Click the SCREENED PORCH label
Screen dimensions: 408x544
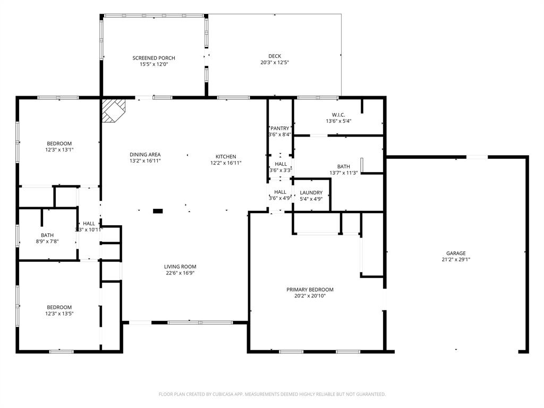point(154,58)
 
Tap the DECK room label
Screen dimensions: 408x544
point(275,56)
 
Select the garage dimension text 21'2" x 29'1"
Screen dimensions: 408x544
point(456,260)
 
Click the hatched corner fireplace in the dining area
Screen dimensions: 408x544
point(113,110)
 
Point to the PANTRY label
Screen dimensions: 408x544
point(280,128)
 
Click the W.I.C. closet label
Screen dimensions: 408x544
point(338,115)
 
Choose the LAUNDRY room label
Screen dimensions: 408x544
point(311,192)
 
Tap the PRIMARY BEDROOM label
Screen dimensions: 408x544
point(310,290)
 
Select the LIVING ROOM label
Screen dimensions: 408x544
point(180,267)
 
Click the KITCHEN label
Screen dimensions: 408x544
point(226,156)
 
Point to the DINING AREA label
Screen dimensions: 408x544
point(145,155)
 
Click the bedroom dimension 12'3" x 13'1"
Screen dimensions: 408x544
point(59,150)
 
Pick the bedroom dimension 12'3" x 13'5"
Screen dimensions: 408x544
point(59,313)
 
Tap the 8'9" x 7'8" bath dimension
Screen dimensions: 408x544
point(47,241)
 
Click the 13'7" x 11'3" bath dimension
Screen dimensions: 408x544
point(343,173)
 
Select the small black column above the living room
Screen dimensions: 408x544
point(158,211)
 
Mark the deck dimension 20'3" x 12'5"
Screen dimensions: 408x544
point(275,62)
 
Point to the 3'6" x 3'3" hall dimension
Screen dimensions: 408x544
point(280,171)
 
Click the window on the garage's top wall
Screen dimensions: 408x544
point(477,157)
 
